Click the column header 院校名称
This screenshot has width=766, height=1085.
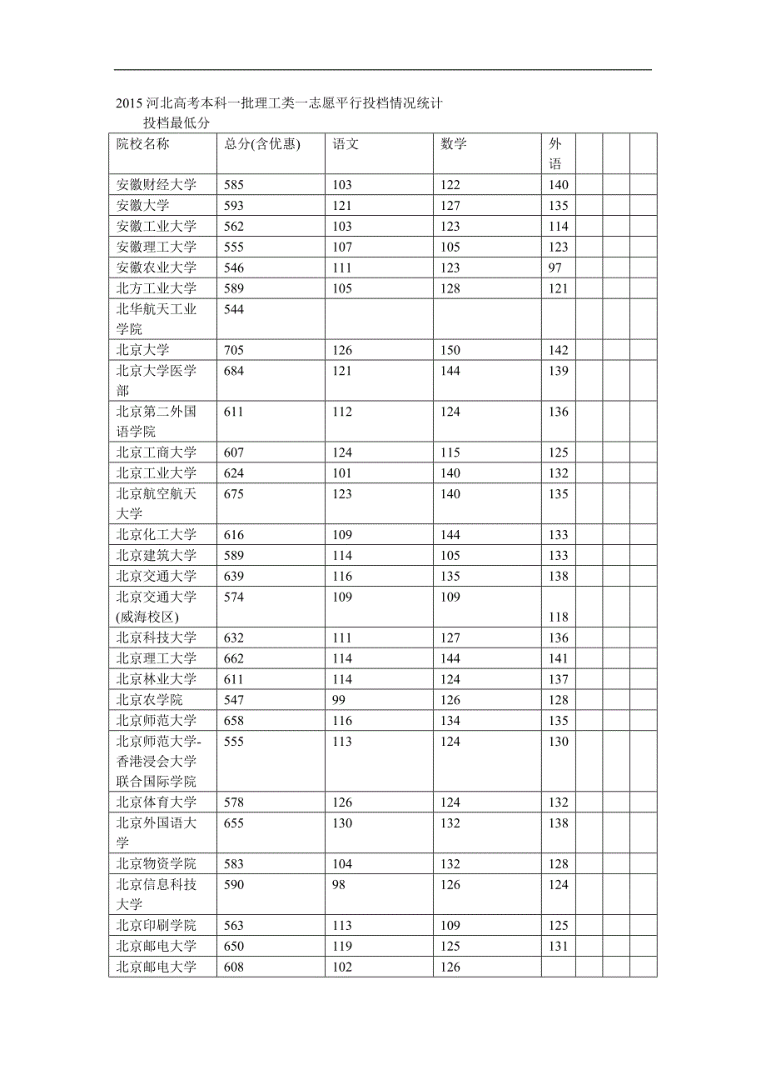tap(143, 144)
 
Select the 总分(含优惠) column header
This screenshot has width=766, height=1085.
tap(261, 144)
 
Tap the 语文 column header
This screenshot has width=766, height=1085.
tap(346, 144)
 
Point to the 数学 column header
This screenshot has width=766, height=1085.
tap(454, 144)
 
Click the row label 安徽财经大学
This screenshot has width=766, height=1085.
tap(157, 185)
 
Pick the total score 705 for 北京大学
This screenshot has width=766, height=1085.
tap(234, 350)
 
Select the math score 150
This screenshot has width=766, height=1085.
tap(450, 350)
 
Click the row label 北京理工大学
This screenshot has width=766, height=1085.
tap(157, 658)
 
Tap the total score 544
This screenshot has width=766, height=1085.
tap(234, 309)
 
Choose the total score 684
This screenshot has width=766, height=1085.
tap(234, 371)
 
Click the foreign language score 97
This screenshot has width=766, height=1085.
tap(555, 267)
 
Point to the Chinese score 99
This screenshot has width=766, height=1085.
tap(339, 700)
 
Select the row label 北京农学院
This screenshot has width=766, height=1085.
tap(150, 700)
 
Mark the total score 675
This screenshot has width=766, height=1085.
tap(234, 494)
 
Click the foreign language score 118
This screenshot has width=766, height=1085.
tap(559, 617)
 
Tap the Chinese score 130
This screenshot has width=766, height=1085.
tap(342, 823)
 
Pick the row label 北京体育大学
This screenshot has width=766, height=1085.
tap(157, 802)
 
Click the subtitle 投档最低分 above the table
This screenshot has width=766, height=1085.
tap(177, 122)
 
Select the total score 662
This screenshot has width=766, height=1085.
tap(234, 658)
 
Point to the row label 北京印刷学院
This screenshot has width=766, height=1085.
tap(157, 926)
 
